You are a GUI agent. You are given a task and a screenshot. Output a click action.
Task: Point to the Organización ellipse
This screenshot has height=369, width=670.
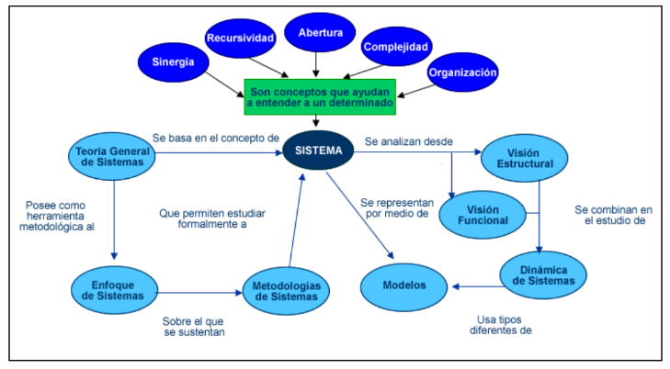[463, 71]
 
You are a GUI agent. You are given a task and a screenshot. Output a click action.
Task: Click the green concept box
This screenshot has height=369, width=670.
[320, 96]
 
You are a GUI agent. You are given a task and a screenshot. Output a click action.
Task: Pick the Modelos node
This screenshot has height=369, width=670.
[405, 285]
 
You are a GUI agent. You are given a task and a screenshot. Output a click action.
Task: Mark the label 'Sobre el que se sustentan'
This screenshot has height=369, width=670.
[195, 327]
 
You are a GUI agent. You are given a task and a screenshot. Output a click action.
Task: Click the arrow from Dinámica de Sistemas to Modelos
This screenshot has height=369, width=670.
[474, 285]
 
